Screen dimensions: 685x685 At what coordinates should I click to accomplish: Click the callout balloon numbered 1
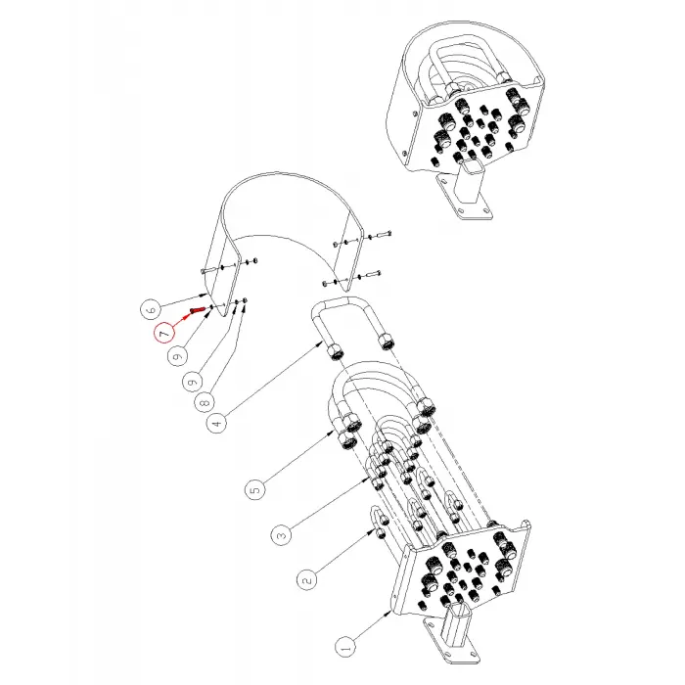[343, 647]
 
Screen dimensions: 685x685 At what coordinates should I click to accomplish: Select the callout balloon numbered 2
[308, 579]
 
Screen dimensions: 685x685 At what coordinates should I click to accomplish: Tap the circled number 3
[280, 534]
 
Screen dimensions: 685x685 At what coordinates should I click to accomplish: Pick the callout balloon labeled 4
[216, 423]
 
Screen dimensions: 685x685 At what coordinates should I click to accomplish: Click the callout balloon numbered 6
[150, 306]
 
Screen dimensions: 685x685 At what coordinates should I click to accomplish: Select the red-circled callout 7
[162, 333]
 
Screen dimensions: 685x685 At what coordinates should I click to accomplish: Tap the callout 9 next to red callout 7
[177, 356]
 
